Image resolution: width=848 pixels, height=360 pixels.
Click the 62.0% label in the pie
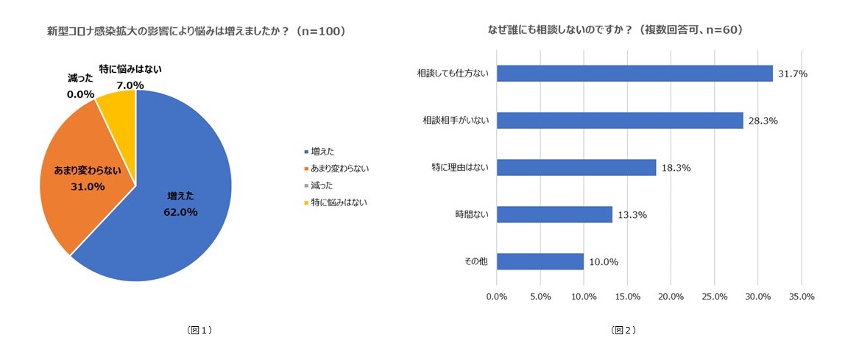tap(180, 212)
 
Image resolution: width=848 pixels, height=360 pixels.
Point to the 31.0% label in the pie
tap(87, 186)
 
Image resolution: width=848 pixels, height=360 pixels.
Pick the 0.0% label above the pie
tap(81, 94)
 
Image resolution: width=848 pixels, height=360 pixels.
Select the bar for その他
tap(540, 261)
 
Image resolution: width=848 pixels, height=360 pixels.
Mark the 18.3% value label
tap(675, 167)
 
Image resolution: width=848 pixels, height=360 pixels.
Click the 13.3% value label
tap(632, 214)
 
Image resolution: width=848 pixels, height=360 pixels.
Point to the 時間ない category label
tap(473, 214)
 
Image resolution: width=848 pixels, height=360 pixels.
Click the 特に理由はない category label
tap(462, 167)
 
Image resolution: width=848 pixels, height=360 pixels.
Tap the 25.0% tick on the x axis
tap(715, 296)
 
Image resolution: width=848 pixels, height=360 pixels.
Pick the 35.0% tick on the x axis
tap(802, 296)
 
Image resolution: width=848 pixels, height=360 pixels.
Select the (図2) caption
tap(623, 331)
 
